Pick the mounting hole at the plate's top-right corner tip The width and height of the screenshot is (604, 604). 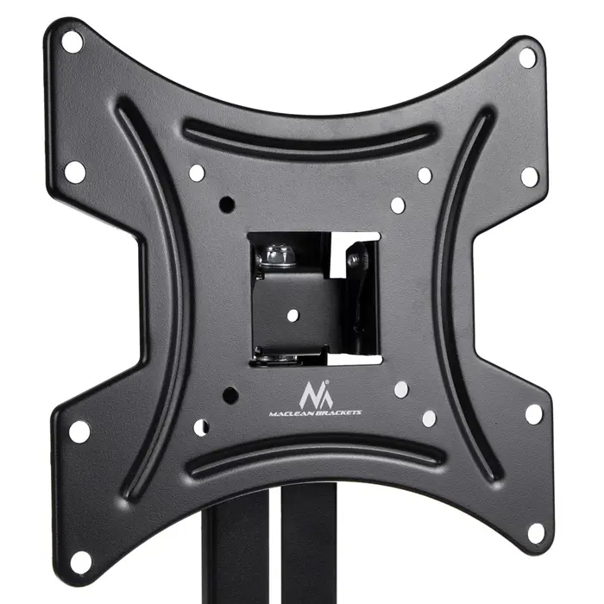(x=527, y=58)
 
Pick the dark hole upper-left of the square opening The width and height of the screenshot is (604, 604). (x=228, y=204)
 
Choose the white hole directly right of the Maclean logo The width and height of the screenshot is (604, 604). (x=400, y=389)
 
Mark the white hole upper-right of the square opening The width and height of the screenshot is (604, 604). (x=398, y=205)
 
